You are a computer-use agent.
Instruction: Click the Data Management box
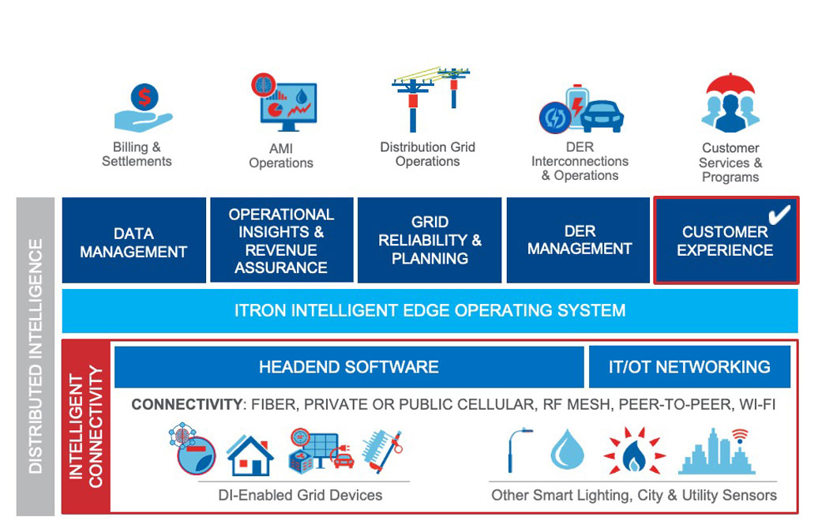tap(133, 241)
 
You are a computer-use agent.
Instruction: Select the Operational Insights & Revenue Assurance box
tap(281, 241)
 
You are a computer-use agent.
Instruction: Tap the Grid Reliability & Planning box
tap(430, 241)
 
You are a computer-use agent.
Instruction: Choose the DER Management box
tap(580, 241)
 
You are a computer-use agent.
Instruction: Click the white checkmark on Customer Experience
tap(779, 215)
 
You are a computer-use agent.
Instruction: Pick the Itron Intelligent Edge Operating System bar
tap(430, 310)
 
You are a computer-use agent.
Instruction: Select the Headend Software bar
tap(349, 367)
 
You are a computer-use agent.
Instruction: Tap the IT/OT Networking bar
tap(689, 367)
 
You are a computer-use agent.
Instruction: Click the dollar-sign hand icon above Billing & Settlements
tap(143, 108)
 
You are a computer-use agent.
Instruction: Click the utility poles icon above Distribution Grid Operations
tap(430, 99)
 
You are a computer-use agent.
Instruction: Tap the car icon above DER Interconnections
tap(602, 116)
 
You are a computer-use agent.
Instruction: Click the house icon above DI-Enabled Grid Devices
tap(250, 455)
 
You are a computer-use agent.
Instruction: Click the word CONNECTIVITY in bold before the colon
tap(186, 405)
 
